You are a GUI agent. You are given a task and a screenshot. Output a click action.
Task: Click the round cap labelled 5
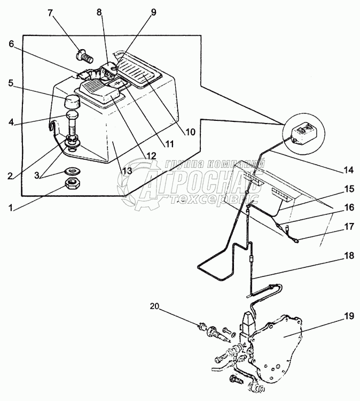(x=72, y=102)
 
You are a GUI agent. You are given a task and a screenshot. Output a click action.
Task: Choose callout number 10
(x=190, y=132)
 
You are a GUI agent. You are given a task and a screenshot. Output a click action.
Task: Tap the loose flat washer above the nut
(x=73, y=171)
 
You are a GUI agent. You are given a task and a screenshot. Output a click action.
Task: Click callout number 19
(x=348, y=316)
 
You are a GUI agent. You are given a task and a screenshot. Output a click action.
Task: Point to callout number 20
(x=154, y=306)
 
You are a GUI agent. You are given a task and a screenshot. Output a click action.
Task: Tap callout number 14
(x=348, y=170)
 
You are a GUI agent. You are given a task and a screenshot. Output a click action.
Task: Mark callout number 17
(x=349, y=227)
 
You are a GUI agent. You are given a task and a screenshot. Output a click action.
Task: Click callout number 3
(x=37, y=175)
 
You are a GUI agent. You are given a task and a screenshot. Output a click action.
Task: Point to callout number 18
(x=348, y=256)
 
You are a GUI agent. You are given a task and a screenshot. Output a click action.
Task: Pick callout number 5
(x=11, y=83)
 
